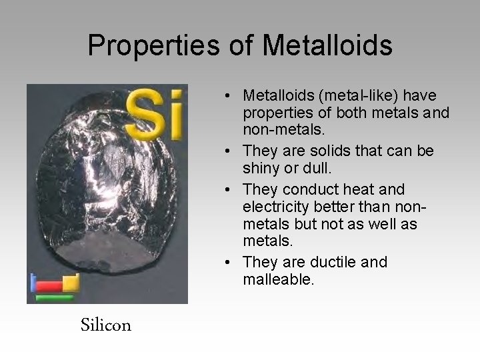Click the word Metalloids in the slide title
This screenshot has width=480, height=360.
click(x=327, y=45)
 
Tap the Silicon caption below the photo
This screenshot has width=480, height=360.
click(x=106, y=325)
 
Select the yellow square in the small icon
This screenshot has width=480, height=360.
click(x=71, y=283)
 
